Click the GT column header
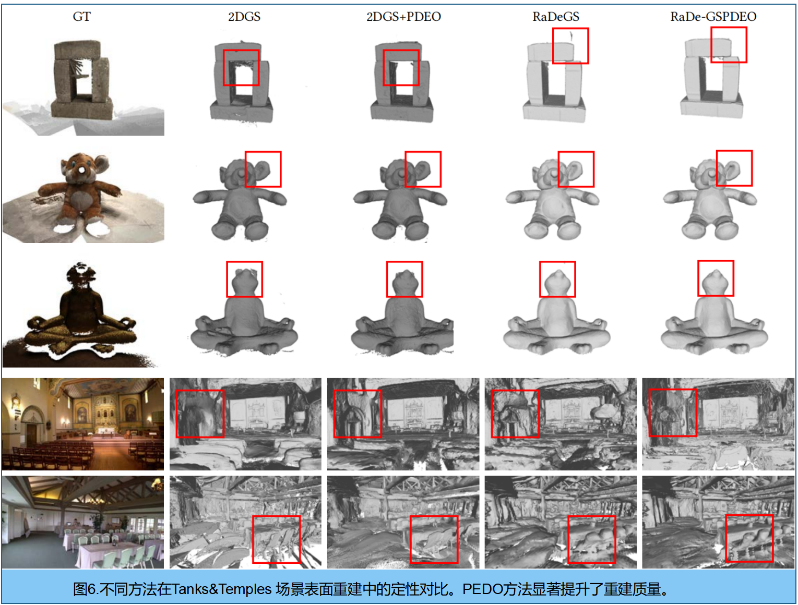coord(81,17)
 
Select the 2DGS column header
coord(244,17)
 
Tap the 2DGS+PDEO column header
coord(403,17)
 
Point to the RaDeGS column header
coord(555,17)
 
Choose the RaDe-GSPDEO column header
coord(713,17)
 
